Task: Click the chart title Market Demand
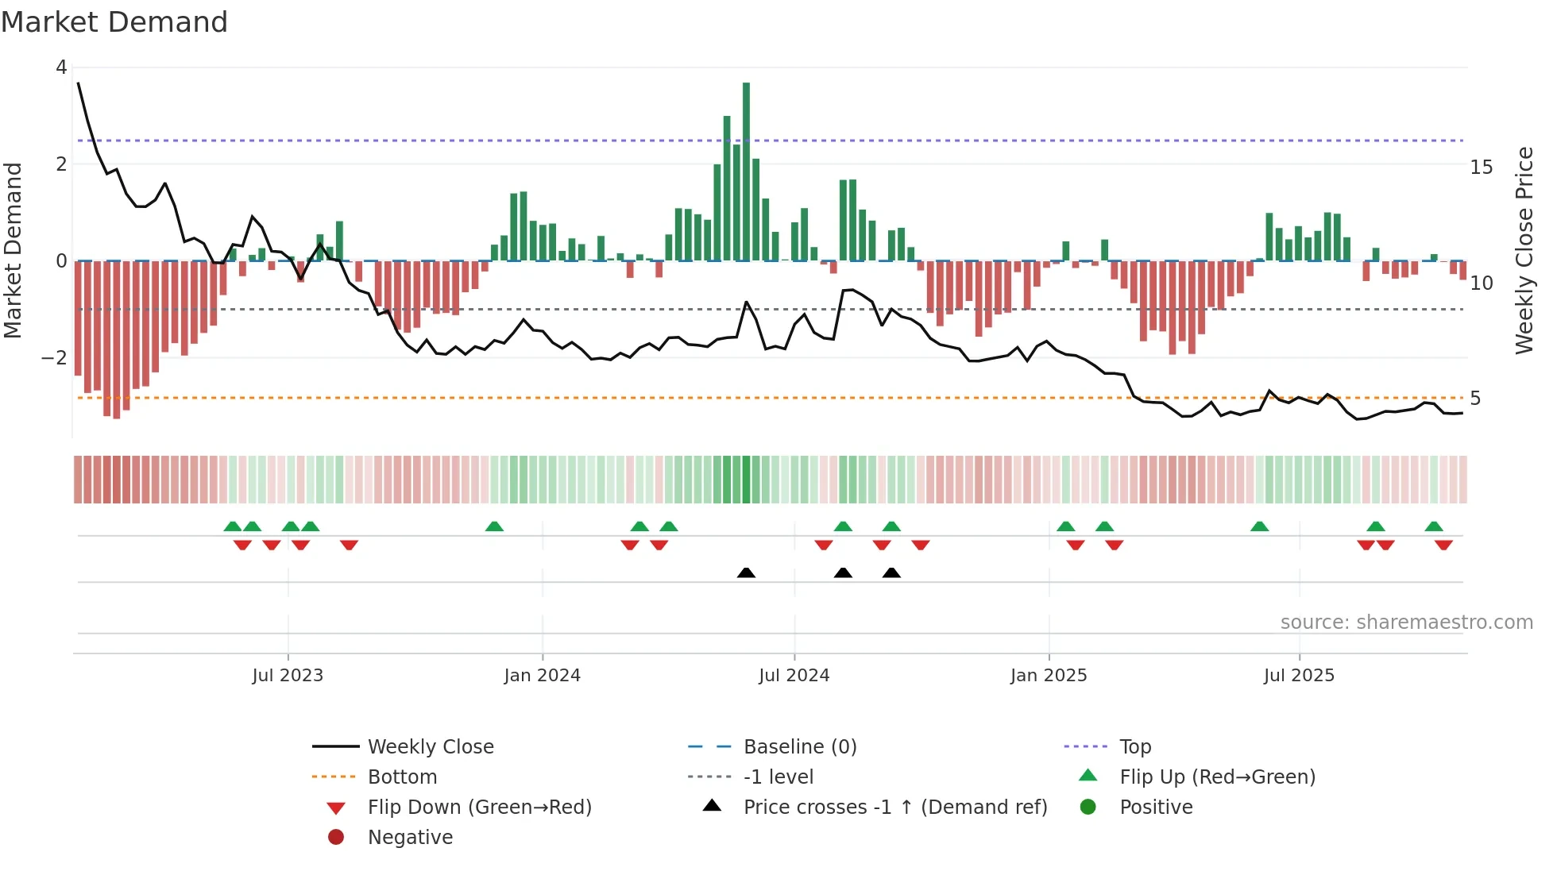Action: pos(114,22)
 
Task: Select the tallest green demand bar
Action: pos(746,171)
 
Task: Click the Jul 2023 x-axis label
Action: pos(288,676)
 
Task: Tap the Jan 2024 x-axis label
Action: pos(542,676)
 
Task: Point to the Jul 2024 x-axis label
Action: pos(794,676)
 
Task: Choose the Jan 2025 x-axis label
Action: pos(1049,676)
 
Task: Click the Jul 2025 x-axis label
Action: pos(1299,676)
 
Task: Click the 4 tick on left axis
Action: pos(61,67)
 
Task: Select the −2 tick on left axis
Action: pos(55,358)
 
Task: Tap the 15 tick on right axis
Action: pos(1482,168)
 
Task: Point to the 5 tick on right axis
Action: pos(1475,399)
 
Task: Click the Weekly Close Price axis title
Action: pos(1524,250)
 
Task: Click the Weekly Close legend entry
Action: pos(430,747)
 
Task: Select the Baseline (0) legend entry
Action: pos(799,747)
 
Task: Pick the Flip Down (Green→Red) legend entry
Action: pos(479,808)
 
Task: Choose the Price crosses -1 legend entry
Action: pos(894,808)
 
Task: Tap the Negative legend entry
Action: pos(410,838)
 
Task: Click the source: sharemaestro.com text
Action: pos(1406,623)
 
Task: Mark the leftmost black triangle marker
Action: pos(746,572)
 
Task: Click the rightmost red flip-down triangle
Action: pos(1443,545)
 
